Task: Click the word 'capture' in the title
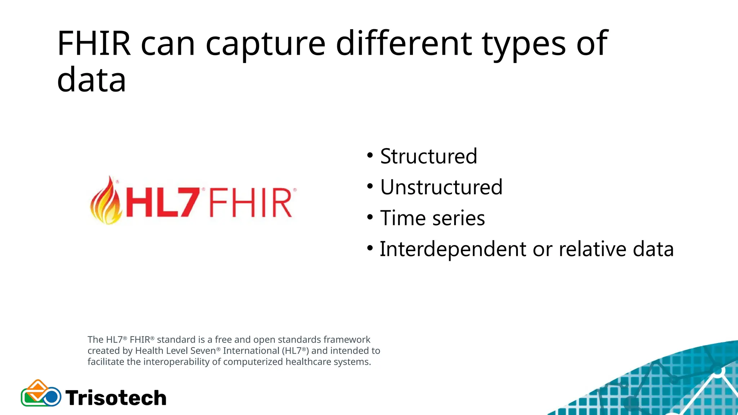[x=266, y=44]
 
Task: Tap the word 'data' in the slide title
[x=92, y=80]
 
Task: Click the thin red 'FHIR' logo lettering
[x=250, y=202]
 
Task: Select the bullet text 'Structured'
[x=428, y=156]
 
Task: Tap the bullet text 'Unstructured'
[x=441, y=187]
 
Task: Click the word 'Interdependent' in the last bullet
[x=453, y=249]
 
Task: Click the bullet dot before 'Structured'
[x=370, y=156]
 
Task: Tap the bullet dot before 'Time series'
[x=370, y=218]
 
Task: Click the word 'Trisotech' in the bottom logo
[x=116, y=398]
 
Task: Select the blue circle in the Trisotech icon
[x=52, y=397]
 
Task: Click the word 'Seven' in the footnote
[x=203, y=351]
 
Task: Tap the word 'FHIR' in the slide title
[x=94, y=44]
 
